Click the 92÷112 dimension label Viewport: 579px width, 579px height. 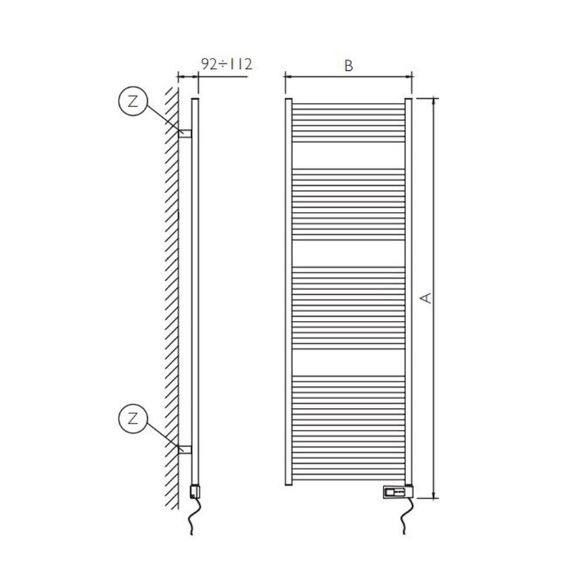[227, 65]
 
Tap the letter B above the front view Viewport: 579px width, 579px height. [348, 65]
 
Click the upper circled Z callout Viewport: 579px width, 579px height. [131, 102]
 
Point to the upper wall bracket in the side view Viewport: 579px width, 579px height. [185, 133]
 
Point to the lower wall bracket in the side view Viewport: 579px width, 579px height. [185, 449]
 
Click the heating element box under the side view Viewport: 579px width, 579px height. [194, 490]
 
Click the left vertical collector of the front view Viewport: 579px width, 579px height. [288, 293]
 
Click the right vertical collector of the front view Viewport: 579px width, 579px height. [409, 293]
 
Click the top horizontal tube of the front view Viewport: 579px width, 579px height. [348, 105]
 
